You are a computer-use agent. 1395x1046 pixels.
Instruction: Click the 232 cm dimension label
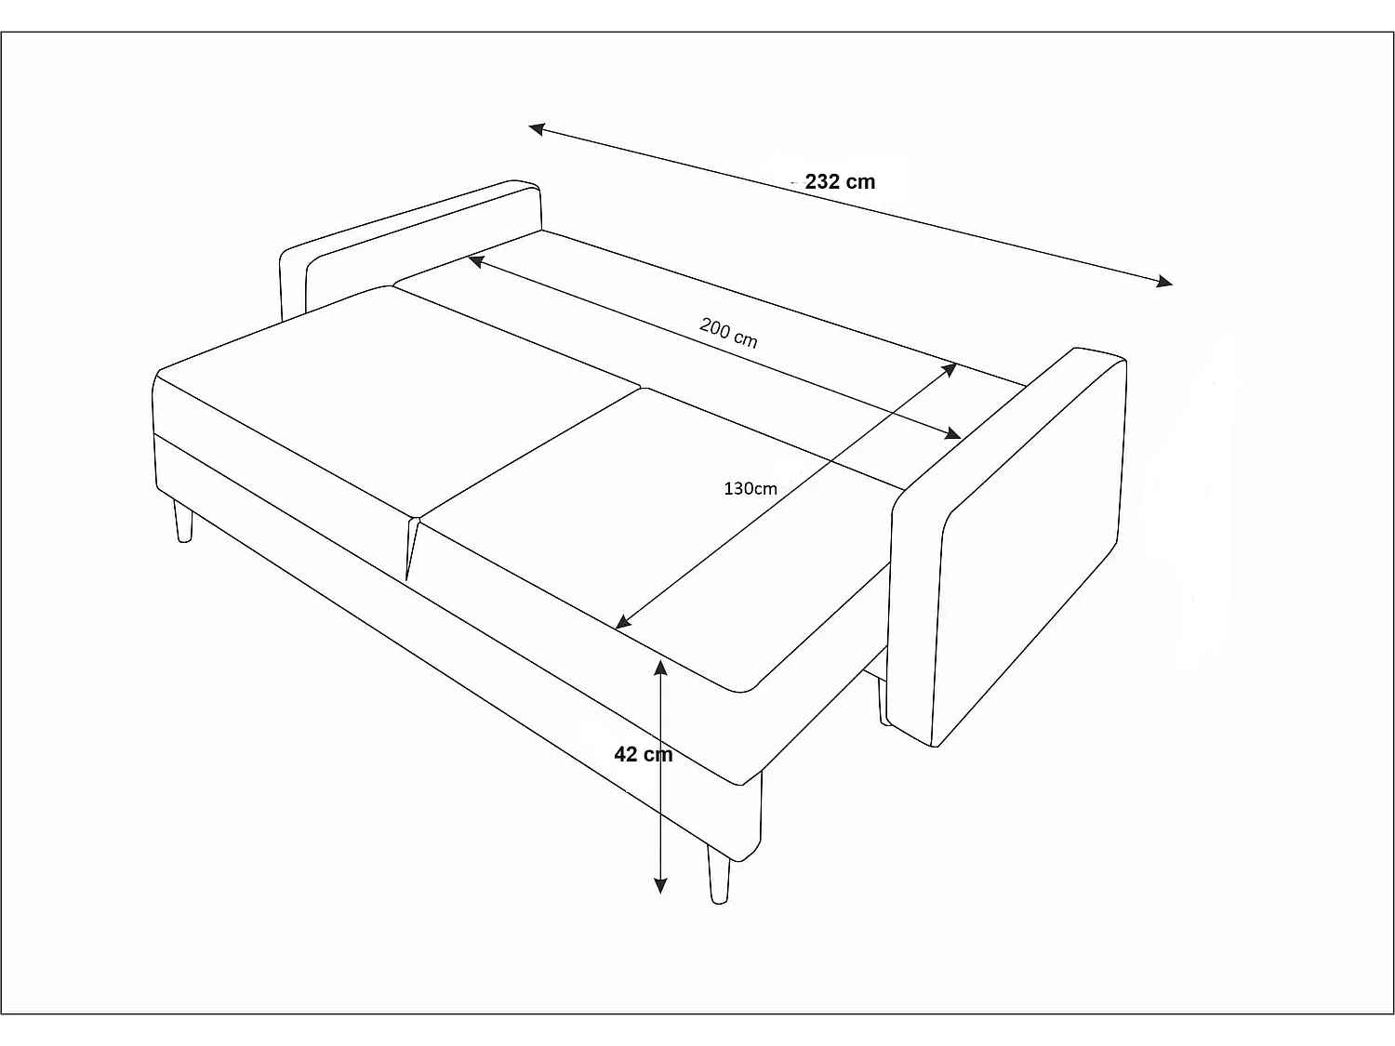840,182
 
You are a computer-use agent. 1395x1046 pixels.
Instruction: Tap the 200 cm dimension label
728,332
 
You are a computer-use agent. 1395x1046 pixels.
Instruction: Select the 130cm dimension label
750,488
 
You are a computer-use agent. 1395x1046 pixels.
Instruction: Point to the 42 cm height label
643,754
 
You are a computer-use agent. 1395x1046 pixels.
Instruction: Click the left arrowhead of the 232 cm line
536,128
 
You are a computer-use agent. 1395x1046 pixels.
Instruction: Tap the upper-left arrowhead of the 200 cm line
474,261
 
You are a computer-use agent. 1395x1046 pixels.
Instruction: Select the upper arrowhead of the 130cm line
950,368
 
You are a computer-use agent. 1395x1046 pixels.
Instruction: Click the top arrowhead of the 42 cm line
660,666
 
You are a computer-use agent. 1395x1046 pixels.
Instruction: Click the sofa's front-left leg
183,522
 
